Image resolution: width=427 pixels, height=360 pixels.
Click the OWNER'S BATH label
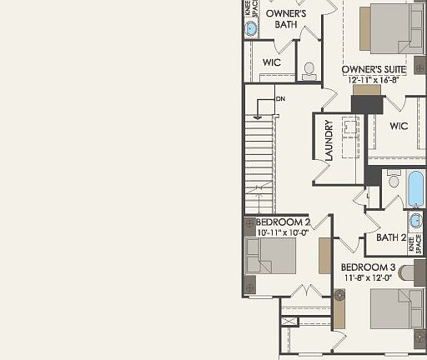(286, 19)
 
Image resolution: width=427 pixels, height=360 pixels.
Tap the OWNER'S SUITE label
(374, 67)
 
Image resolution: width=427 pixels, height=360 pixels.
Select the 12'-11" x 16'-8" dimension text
(374, 80)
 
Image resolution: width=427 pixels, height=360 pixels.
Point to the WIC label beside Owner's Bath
(271, 62)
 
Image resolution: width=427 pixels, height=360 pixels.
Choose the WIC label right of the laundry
(398, 127)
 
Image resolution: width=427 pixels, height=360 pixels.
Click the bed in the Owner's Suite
(393, 28)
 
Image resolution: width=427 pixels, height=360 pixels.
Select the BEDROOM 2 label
(284, 222)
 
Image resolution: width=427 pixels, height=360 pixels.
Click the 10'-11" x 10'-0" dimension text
(284, 233)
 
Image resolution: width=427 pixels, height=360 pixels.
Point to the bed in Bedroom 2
(272, 256)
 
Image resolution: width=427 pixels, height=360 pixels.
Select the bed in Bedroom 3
(396, 307)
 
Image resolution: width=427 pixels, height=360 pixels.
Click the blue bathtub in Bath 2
(415, 188)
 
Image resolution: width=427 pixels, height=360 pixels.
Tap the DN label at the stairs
(280, 98)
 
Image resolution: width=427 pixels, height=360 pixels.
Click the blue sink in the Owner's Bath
(250, 27)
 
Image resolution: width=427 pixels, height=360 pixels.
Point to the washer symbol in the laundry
(349, 128)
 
